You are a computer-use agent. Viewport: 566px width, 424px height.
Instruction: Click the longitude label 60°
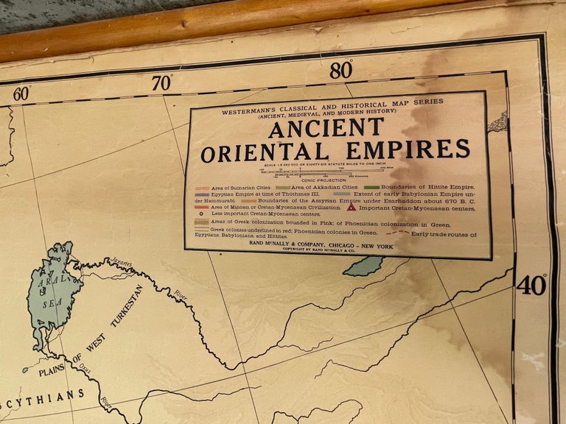click(x=21, y=93)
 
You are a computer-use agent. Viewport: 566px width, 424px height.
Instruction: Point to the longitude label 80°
click(x=341, y=70)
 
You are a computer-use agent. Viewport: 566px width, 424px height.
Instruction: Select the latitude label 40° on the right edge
click(x=531, y=284)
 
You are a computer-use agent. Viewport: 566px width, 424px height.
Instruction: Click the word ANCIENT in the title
click(x=326, y=128)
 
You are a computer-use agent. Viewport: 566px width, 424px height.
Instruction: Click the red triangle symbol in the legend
click(x=352, y=207)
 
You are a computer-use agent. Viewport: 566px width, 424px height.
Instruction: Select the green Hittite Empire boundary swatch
click(x=372, y=187)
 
